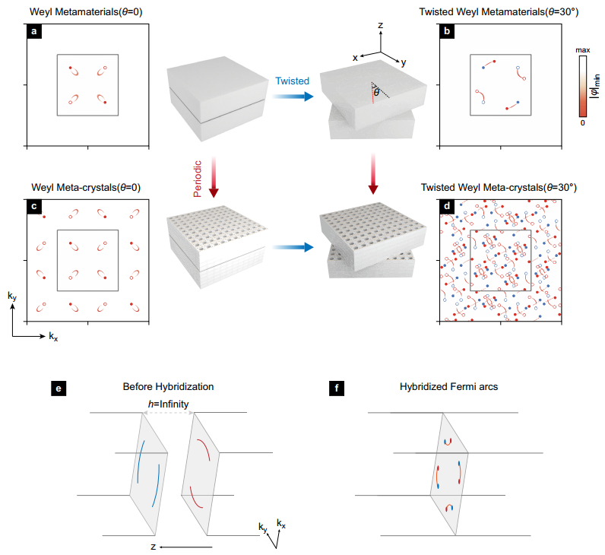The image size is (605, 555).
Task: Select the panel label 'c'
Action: (34, 206)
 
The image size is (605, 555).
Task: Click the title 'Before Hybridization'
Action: (168, 386)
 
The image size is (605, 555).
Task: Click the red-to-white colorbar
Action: (582, 84)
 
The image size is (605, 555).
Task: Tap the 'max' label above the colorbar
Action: (582, 49)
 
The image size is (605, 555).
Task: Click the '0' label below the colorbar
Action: (582, 122)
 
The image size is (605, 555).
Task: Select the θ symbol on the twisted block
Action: (376, 91)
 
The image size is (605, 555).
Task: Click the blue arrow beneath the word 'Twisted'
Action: (293, 97)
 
